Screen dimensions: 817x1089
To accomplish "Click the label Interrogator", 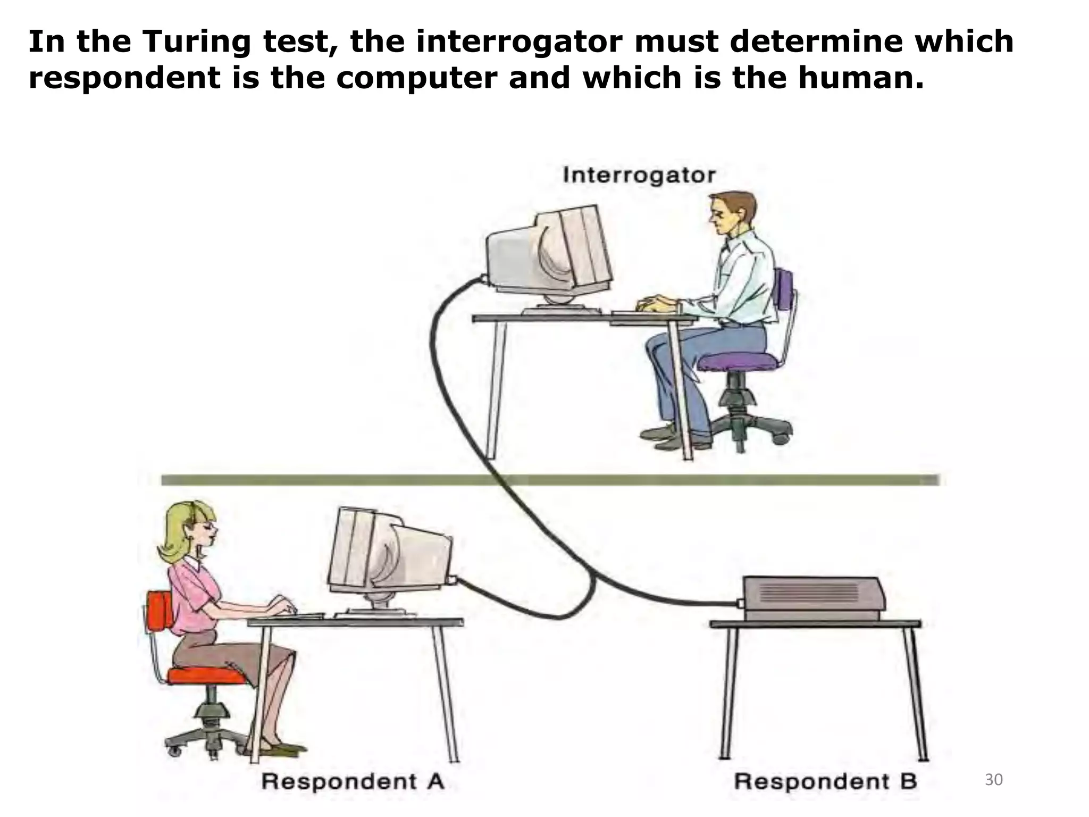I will (639, 175).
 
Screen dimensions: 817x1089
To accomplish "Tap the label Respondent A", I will (353, 781).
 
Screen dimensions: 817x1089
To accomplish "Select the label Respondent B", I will (825, 781).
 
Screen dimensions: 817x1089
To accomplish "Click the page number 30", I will (994, 780).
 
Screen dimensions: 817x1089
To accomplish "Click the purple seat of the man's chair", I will (736, 363).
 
